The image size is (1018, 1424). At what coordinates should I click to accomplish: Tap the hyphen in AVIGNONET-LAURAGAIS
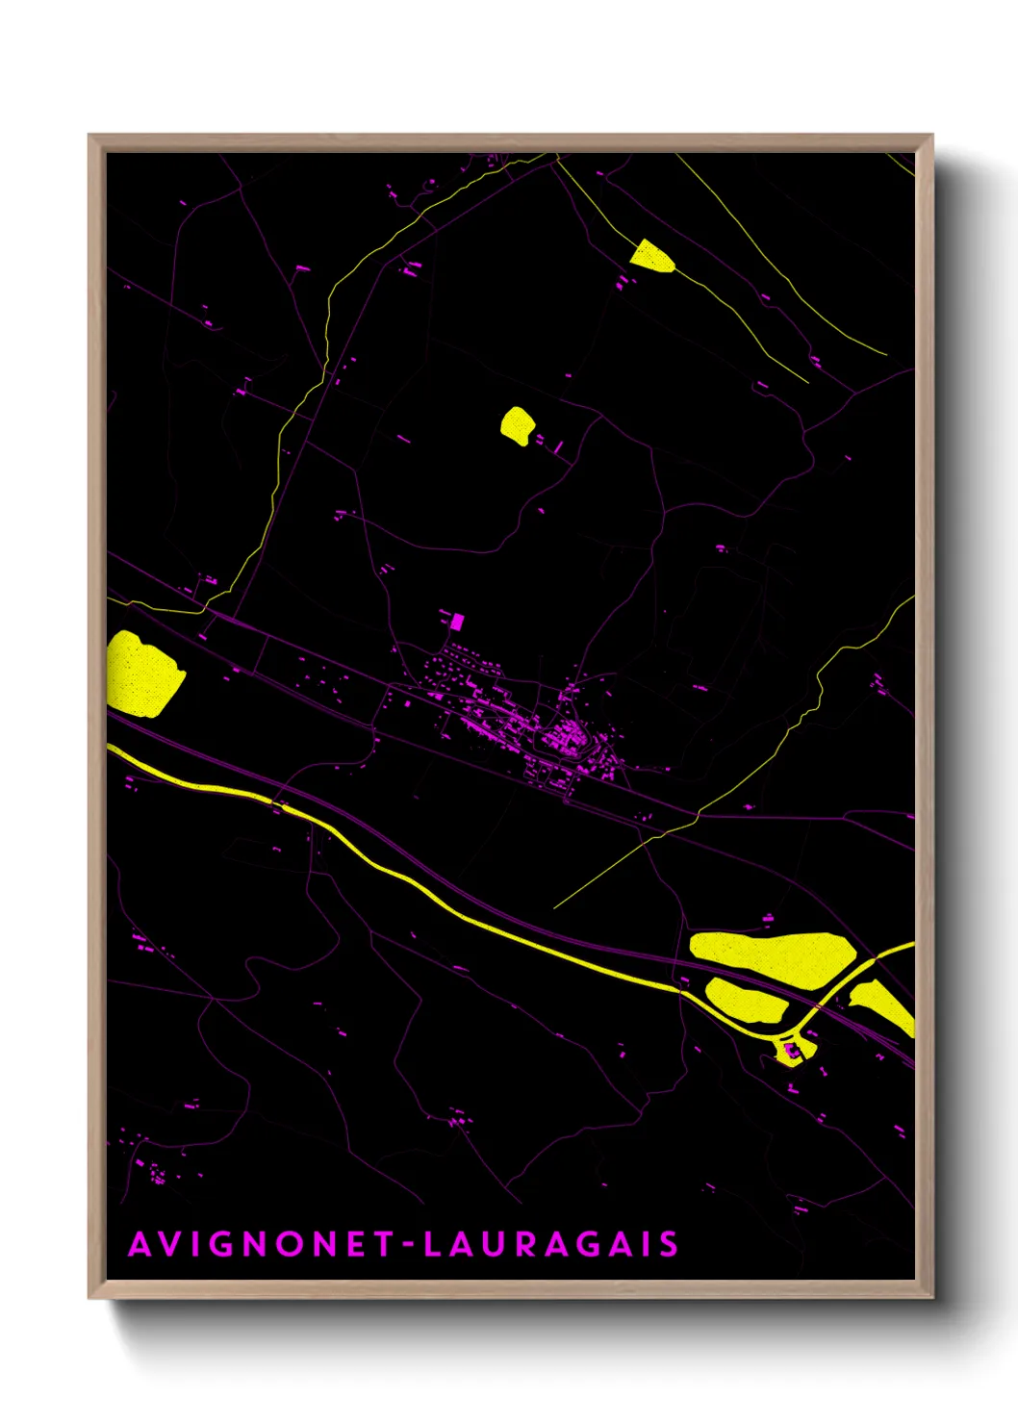408,1245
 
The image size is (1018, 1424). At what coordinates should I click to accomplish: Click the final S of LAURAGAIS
669,1244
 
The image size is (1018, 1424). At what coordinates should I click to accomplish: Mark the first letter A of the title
140,1244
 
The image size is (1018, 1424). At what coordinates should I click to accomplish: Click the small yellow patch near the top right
651,255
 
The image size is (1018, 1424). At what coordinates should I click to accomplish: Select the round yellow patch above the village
517,424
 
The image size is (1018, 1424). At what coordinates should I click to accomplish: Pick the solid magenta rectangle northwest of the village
457,622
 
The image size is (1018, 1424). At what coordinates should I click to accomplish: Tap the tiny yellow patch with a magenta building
792,1052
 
